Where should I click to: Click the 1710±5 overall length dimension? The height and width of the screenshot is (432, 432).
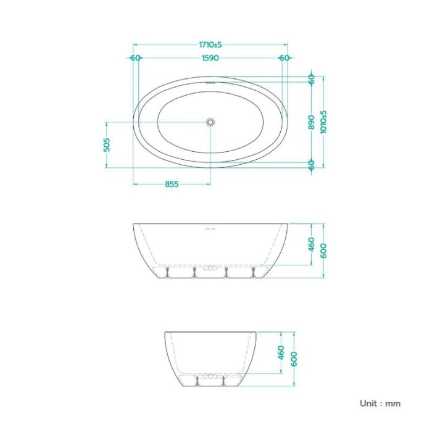click(x=210, y=44)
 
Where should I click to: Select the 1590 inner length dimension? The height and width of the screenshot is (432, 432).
click(x=210, y=58)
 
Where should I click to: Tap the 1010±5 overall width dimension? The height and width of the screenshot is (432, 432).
click(x=323, y=122)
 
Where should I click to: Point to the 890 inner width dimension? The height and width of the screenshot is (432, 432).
click(x=311, y=122)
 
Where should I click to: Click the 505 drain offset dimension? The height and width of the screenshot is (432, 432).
click(x=107, y=145)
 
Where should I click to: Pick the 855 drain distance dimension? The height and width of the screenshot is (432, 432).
click(x=172, y=184)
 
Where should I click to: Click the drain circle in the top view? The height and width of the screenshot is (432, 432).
click(x=210, y=122)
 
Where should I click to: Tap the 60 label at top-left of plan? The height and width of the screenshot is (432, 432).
click(x=136, y=58)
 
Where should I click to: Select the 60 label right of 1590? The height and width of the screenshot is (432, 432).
click(x=285, y=58)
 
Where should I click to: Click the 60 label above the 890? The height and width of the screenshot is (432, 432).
click(x=311, y=79)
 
